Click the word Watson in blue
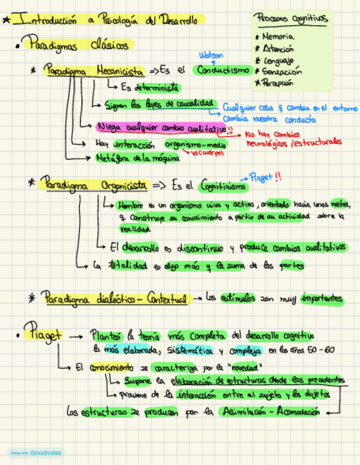tap(211, 55)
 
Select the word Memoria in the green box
tap(278, 36)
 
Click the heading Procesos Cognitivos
tap(291, 19)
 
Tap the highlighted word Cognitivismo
tap(222, 186)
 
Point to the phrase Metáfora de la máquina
tap(137, 158)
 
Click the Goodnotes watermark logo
tap(36, 452)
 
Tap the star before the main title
tap(6, 20)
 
